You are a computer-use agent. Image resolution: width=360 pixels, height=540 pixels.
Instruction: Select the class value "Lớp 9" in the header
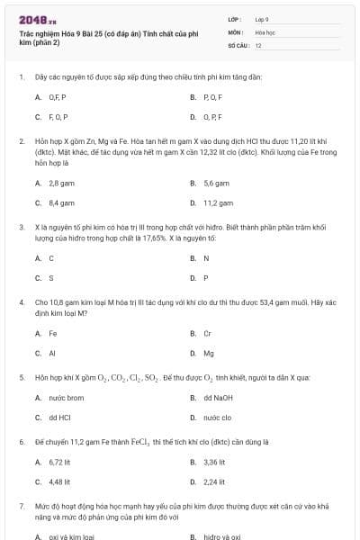point(262,18)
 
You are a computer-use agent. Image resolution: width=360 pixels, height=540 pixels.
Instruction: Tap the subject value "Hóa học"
point(265,31)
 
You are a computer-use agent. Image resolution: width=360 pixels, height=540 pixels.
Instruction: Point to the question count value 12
point(258,45)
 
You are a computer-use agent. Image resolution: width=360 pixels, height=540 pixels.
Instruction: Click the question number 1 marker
point(21,76)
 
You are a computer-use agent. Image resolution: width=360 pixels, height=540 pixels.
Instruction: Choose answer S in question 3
point(51,278)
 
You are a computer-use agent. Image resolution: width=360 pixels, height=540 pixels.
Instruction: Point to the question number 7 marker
point(21,506)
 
